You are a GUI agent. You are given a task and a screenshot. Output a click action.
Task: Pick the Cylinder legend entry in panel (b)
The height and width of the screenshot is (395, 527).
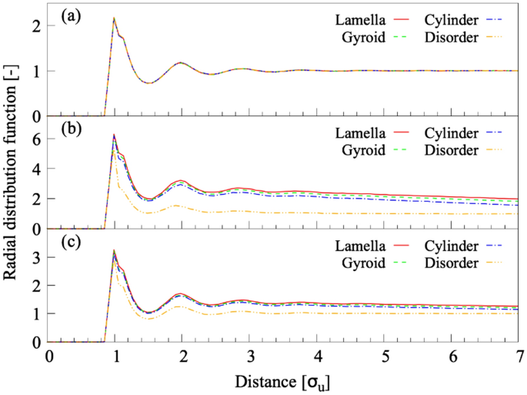(x=457, y=132)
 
